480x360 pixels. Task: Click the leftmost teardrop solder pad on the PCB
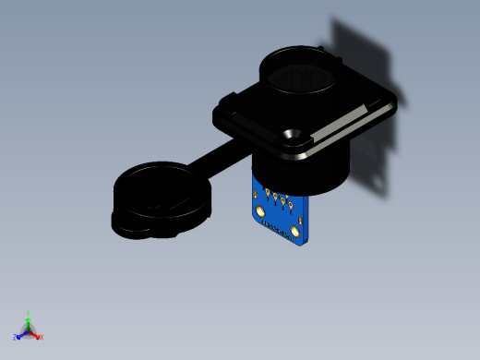point(269,192)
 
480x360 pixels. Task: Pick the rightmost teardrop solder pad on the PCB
point(291,204)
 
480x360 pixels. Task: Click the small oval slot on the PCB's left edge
point(256,195)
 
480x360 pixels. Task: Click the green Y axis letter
point(29,314)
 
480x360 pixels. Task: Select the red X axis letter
point(42,337)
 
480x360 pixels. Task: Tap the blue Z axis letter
point(16,337)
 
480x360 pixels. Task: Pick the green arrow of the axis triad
point(29,322)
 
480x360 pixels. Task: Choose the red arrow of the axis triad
point(35,333)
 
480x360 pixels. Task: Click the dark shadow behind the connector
point(365,55)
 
